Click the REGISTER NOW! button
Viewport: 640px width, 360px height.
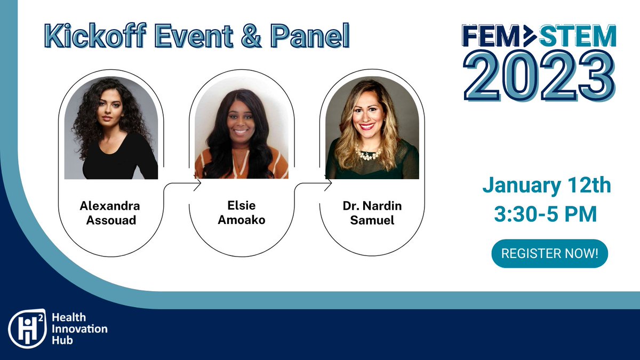pos(549,253)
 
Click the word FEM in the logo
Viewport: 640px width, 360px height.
pos(491,36)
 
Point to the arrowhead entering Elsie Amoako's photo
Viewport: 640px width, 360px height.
pos(198,184)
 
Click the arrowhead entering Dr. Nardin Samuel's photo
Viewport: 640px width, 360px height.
pos(329,184)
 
